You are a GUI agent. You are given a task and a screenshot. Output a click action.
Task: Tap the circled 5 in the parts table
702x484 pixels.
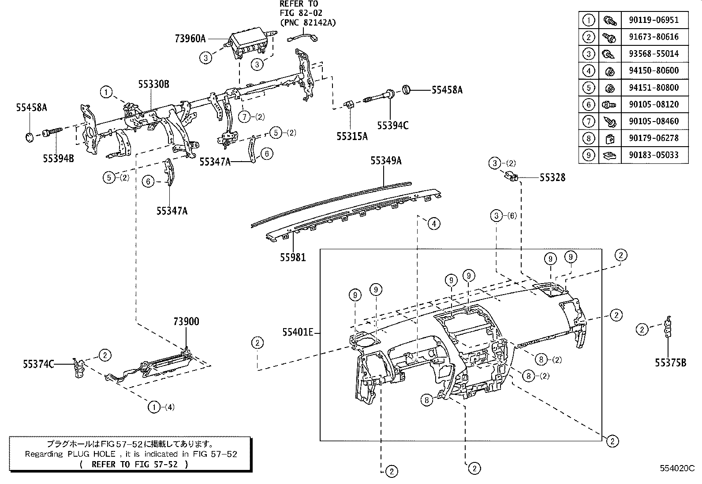(589, 88)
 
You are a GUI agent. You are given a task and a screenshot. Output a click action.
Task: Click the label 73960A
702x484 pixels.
(190, 39)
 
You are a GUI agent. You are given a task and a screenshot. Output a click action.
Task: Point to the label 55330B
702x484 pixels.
(153, 84)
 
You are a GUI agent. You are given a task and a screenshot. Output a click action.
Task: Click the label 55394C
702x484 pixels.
(392, 126)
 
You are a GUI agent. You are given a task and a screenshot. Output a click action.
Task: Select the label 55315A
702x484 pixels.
(352, 137)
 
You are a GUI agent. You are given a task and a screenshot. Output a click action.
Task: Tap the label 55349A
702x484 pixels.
(386, 161)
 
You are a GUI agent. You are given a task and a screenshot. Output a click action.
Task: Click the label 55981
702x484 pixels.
(293, 257)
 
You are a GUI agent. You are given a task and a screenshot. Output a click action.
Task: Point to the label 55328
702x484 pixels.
(552, 177)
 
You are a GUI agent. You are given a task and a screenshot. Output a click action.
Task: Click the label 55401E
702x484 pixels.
(298, 333)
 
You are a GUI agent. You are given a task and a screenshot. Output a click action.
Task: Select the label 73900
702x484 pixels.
(186, 321)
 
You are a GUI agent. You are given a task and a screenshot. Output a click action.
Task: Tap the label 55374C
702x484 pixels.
(38, 364)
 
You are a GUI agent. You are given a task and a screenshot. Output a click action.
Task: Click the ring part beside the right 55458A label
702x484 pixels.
(407, 90)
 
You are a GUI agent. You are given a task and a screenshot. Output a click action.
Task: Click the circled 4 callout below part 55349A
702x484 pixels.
(434, 224)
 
